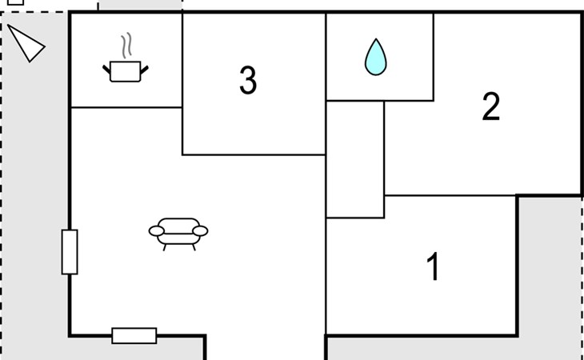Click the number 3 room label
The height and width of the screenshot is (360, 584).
click(248, 80)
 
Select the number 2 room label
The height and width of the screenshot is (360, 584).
click(491, 106)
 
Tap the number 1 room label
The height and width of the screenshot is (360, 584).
click(433, 266)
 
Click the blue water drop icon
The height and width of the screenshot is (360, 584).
click(375, 57)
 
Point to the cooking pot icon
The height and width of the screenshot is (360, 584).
click(125, 71)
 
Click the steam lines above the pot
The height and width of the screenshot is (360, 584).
click(126, 46)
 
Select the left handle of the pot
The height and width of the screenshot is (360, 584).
click(106, 70)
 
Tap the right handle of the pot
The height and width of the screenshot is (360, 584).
click(144, 70)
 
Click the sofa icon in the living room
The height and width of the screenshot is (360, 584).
click(178, 234)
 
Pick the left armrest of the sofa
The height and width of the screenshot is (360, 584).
click(157, 231)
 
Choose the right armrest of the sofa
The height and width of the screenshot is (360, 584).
click(200, 231)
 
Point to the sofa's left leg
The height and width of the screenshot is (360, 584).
click(164, 247)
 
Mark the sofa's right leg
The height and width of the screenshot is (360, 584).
click(194, 247)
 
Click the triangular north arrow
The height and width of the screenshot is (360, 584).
click(27, 44)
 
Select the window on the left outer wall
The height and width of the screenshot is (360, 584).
click(70, 252)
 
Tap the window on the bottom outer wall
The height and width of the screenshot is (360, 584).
click(134, 336)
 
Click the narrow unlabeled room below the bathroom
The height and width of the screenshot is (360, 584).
click(355, 159)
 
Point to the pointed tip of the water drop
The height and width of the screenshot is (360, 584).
click(376, 38)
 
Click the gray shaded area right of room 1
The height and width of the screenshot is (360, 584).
click(550, 278)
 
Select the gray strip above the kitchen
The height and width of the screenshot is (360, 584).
click(140, 5)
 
